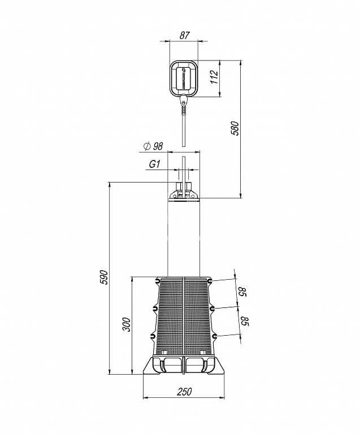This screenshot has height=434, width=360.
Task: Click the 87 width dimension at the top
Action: tap(185, 36)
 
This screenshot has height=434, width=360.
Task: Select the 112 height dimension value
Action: tap(214, 77)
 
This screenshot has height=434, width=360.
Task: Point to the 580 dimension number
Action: tap(235, 128)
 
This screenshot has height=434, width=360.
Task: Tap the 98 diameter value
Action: tap(158, 146)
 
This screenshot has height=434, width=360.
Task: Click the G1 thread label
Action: tap(155, 164)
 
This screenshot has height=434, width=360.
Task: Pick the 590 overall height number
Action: tap(104, 277)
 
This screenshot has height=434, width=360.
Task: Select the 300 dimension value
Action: tap(126, 325)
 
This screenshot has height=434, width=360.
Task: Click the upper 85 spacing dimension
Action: tap(242, 292)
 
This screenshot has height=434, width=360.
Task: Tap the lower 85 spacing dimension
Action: tap(245, 321)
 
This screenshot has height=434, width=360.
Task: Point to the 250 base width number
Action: tap(184, 392)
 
